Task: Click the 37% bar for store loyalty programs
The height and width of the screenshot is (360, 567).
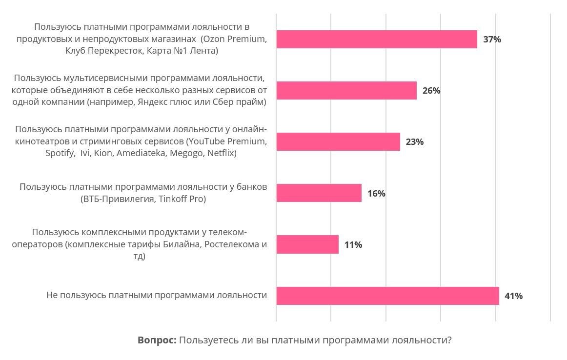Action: click(376, 40)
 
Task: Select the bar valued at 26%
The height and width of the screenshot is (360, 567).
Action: click(346, 91)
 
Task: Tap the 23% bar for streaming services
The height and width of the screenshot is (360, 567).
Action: click(338, 142)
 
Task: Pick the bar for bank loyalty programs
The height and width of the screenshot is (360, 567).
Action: click(319, 193)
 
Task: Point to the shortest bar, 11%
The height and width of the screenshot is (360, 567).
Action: click(307, 244)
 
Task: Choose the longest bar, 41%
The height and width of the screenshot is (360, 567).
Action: click(387, 296)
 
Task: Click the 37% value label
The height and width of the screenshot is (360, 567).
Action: click(492, 40)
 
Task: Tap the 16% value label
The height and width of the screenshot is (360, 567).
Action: click(376, 194)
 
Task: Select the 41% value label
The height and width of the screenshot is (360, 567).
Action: click(513, 296)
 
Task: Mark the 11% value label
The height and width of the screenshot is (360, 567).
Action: click(353, 245)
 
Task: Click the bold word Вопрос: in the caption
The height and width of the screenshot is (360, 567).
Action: click(157, 340)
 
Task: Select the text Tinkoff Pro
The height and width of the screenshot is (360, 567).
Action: click(182, 199)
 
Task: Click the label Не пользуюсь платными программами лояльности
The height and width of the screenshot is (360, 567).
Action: click(157, 295)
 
